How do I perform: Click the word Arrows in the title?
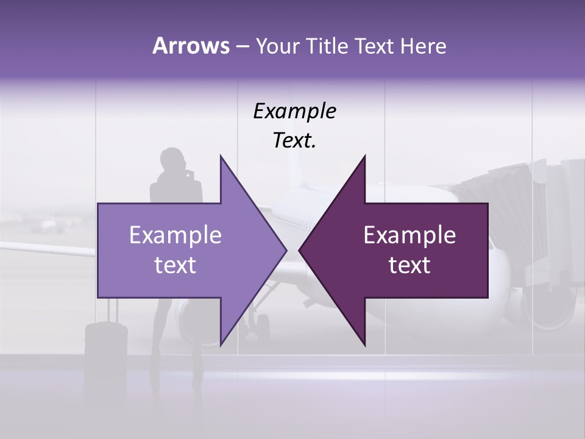point(190,46)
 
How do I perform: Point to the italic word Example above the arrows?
point(294,112)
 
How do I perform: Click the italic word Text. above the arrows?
point(294,141)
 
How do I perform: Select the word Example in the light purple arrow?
point(175,235)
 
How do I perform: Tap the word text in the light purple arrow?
point(175,265)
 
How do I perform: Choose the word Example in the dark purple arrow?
point(409,235)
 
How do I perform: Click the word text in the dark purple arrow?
point(409,265)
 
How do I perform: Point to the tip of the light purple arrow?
point(286,251)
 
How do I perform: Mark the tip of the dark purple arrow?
point(300,251)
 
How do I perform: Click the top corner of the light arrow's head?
point(221,156)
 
